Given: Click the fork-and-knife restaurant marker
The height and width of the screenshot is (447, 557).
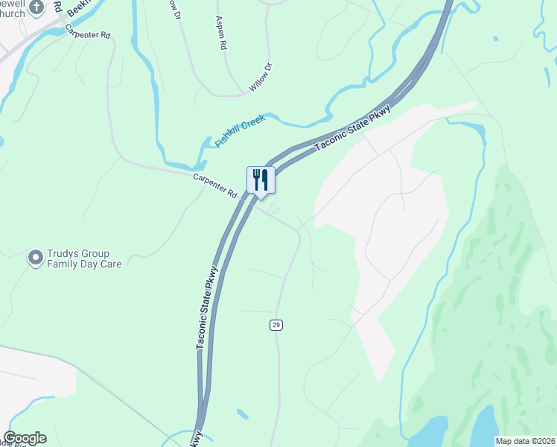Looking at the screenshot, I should pos(261,180).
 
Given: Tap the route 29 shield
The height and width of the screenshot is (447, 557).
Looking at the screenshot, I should pos(276,325).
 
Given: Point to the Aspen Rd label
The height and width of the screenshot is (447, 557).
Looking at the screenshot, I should pos(220,34).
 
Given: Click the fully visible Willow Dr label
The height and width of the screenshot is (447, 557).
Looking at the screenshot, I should pos(261,77).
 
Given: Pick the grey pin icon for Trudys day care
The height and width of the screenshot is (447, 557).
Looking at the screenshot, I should pos(35,258).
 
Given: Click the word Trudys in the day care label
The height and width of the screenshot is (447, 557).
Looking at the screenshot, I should pos(64,253).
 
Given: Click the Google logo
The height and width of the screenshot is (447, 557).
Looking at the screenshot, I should pos(25,438).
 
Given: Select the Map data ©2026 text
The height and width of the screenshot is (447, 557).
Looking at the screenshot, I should pos(524,441).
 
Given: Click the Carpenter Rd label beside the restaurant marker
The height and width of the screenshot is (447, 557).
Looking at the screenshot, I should pos(214,186).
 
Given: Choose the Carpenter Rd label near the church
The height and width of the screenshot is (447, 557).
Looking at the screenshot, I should pos(87,34).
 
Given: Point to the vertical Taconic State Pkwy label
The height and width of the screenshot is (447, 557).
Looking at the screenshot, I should pos(207,306).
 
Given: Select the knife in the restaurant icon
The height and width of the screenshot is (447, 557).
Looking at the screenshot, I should pos(265,179).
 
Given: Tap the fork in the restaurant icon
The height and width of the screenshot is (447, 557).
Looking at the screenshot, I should pos(256,179).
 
